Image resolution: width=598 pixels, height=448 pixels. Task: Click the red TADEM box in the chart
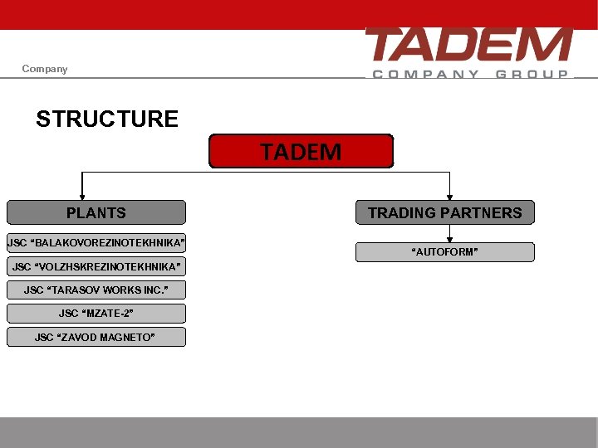(x=301, y=152)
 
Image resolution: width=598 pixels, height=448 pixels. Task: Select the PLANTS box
(x=96, y=212)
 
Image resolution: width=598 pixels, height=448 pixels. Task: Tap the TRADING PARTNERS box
(x=445, y=212)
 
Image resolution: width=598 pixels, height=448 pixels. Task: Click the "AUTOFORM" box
(x=445, y=252)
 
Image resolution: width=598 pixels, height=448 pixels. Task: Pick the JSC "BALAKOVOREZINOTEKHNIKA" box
(x=96, y=243)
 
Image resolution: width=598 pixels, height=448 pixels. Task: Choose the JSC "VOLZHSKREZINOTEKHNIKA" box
(x=96, y=266)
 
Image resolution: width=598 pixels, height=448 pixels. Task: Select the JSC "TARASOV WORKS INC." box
(x=96, y=290)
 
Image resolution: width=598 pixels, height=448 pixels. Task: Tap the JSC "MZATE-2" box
(x=96, y=313)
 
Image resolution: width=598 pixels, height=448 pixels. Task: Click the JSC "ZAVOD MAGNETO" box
(x=96, y=337)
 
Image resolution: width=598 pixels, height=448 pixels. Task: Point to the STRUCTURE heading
(x=107, y=119)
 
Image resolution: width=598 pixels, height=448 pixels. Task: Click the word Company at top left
(x=45, y=69)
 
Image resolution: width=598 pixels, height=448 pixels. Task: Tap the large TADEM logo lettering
(x=468, y=45)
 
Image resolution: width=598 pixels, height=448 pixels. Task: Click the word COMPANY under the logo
(x=425, y=74)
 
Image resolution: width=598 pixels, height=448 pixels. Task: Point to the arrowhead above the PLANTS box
(x=81, y=196)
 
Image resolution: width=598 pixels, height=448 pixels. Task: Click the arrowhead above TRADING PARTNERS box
(x=449, y=196)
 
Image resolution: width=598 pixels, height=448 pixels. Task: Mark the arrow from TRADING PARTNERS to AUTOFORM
(x=449, y=234)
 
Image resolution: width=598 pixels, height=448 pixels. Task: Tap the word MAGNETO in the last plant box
(x=127, y=337)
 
